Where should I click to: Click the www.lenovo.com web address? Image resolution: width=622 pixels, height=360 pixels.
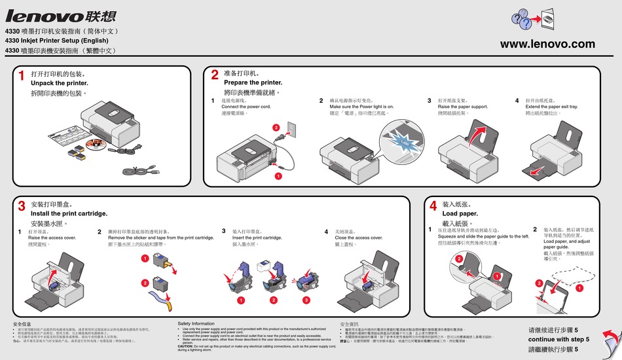[x=547, y=45]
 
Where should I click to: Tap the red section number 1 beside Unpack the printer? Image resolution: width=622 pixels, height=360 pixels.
[x=22, y=77]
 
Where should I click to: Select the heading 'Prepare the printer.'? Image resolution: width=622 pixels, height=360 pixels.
[x=253, y=83]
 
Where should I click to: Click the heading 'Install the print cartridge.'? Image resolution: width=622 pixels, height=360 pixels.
[x=69, y=214]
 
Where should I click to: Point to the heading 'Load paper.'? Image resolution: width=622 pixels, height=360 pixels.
[x=460, y=214]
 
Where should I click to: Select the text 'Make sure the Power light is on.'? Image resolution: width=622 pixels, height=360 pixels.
[x=361, y=107]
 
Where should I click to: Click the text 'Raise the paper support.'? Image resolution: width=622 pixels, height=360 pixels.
[x=462, y=107]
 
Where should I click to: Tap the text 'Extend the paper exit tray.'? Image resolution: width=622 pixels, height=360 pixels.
[x=551, y=107]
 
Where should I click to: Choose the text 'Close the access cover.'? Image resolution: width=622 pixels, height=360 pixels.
[x=358, y=238]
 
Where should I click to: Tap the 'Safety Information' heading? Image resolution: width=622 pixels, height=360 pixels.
[x=196, y=323]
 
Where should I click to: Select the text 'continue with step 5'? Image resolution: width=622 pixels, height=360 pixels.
[x=558, y=340]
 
